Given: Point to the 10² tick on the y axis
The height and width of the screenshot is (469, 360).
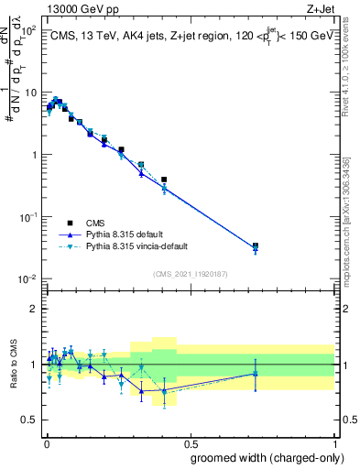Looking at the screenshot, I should [x=30, y=30].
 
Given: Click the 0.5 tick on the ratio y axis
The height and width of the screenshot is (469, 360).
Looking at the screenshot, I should [x=31, y=420].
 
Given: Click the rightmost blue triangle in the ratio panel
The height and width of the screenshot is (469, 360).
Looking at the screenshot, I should [x=255, y=373].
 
